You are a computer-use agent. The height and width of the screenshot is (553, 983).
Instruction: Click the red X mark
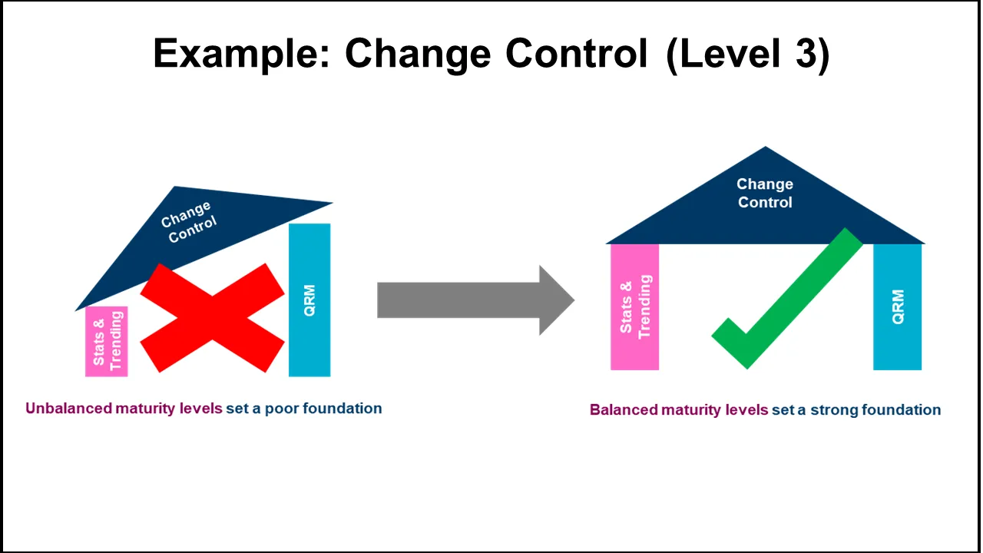[x=212, y=318]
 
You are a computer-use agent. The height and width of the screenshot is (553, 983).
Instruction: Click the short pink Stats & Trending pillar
[x=107, y=342]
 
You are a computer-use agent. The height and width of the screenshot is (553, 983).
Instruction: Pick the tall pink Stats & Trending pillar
[x=635, y=307]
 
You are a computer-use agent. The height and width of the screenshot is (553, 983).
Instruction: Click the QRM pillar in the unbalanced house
[x=309, y=300]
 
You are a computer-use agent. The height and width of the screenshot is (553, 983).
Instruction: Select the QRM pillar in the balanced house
[x=898, y=307]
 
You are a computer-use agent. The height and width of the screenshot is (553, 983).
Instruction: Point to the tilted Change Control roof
[x=192, y=230]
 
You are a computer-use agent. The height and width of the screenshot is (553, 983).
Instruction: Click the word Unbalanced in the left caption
[x=68, y=409]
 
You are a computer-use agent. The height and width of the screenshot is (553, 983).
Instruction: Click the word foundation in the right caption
[x=902, y=410]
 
